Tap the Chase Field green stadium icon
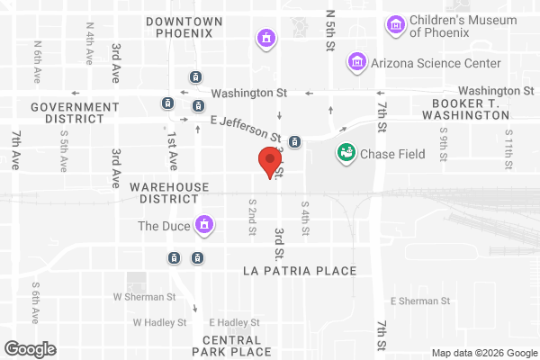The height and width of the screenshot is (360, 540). [x=345, y=153]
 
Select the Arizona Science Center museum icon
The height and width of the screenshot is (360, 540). [x=357, y=62]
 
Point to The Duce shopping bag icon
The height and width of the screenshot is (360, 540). [x=204, y=224]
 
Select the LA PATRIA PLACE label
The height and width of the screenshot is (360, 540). [x=301, y=270]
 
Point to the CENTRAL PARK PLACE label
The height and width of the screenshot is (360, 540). [x=231, y=346]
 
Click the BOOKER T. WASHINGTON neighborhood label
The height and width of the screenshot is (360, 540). [x=466, y=110]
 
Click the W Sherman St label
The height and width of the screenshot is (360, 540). [x=144, y=296]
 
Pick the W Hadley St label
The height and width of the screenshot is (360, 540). [x=159, y=321]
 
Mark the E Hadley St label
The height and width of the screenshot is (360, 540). [x=234, y=321]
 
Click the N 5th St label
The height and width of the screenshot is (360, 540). [x=330, y=29]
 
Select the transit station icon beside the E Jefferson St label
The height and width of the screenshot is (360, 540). [x=295, y=141]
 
